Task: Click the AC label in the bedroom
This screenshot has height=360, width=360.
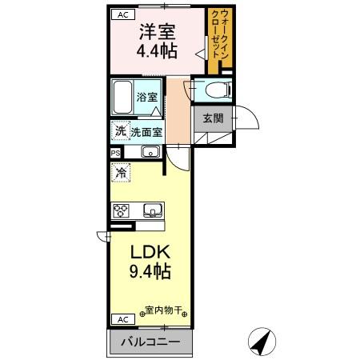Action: pyautogui.click(x=123, y=14)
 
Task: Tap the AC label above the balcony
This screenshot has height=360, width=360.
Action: pyautogui.click(x=123, y=318)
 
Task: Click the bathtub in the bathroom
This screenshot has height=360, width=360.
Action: pyautogui.click(x=122, y=97)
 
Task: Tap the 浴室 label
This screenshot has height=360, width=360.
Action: pyautogui.click(x=146, y=97)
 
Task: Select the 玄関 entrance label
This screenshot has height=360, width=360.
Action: pyautogui.click(x=212, y=118)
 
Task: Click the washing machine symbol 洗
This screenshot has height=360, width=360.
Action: pyautogui.click(x=120, y=130)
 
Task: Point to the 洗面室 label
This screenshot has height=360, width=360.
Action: pyautogui.click(x=147, y=132)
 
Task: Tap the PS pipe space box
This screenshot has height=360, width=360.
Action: pyautogui.click(x=115, y=152)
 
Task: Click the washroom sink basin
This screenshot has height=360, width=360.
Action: pyautogui.click(x=150, y=152)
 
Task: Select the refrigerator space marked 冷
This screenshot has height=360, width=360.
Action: pyautogui.click(x=122, y=171)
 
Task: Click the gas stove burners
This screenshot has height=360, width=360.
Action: pyautogui.click(x=122, y=211)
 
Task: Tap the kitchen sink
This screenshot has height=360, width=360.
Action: pyautogui.click(x=153, y=210)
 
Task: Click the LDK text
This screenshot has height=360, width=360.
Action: pyautogui.click(x=150, y=251)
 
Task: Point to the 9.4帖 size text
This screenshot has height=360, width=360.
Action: pyautogui.click(x=150, y=272)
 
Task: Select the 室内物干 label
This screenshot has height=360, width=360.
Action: pyautogui.click(x=164, y=309)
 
